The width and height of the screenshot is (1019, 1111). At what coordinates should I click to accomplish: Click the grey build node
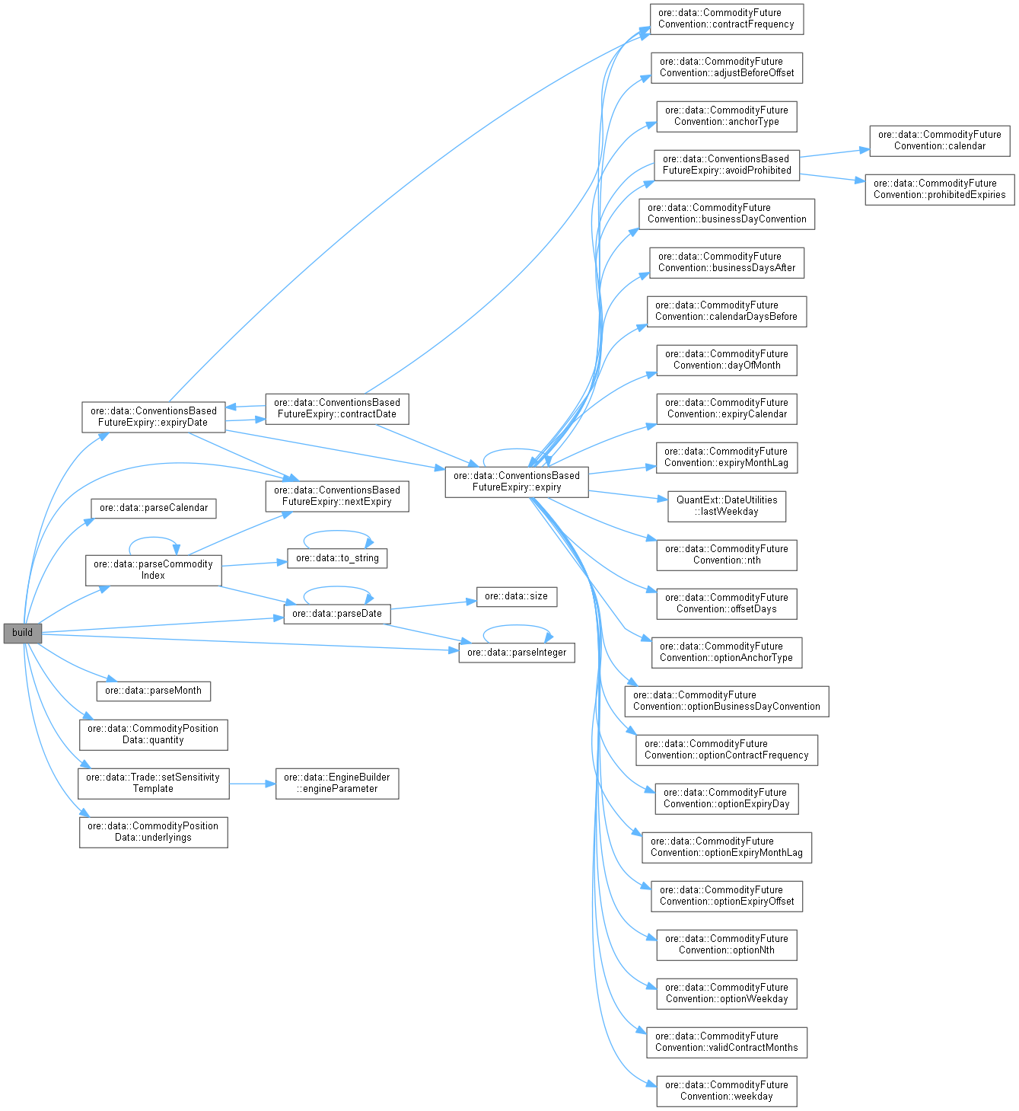22,633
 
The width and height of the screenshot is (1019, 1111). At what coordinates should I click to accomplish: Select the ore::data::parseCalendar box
154,508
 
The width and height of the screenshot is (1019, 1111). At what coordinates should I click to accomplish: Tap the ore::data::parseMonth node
153,691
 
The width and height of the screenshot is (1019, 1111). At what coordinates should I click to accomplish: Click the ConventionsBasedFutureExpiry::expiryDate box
153,417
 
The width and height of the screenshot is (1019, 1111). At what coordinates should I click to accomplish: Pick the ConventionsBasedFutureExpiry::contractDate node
336,408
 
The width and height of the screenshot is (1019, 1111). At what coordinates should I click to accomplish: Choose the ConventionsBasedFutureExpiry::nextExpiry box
336,496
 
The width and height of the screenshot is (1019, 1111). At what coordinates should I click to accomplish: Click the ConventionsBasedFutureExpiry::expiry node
516,481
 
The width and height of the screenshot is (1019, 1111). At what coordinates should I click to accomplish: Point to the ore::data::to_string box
337,558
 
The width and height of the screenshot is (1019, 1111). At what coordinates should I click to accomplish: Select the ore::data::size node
516,596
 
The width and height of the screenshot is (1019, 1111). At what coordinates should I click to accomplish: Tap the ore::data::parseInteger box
516,653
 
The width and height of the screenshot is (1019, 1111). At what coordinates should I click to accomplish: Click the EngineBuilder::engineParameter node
336,783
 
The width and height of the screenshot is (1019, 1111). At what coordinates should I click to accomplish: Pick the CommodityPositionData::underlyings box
153,832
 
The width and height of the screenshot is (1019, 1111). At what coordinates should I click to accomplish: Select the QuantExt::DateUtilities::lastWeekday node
727,506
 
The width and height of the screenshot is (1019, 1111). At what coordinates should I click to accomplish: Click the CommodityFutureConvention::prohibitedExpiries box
939,189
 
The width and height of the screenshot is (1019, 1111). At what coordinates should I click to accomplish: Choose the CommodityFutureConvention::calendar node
939,140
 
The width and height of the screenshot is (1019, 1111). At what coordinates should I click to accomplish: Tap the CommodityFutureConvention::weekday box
727,1090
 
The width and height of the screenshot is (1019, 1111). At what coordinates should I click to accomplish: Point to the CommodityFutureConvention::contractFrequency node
727,18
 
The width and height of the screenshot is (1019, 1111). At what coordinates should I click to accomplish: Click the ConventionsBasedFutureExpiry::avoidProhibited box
727,164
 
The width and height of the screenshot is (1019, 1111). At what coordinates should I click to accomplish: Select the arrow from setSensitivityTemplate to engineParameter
252,783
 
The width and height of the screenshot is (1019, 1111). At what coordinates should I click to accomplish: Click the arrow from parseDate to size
433,605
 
